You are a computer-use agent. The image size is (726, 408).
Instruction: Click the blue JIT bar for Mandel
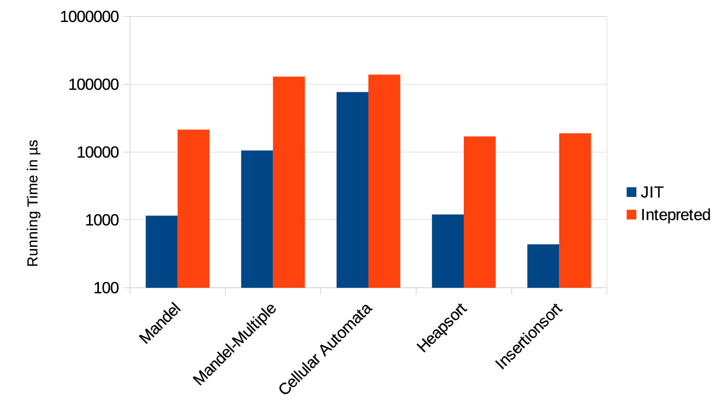point(161,251)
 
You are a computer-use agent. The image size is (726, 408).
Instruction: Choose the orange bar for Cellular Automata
point(384,181)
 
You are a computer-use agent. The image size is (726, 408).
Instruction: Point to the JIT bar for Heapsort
point(448,251)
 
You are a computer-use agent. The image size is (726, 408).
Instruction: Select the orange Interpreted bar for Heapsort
point(479,212)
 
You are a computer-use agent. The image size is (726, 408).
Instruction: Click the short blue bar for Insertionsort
point(543,266)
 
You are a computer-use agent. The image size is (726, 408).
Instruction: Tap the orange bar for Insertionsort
point(575,210)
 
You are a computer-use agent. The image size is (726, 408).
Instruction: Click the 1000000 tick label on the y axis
point(89,17)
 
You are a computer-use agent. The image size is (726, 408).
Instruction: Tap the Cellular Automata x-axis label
point(326,348)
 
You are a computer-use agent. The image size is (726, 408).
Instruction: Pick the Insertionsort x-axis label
point(529,336)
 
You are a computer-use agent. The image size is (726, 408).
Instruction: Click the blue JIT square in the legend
point(631,192)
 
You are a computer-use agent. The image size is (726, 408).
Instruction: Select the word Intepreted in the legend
point(675,215)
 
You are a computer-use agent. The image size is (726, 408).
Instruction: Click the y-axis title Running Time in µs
point(33,205)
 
